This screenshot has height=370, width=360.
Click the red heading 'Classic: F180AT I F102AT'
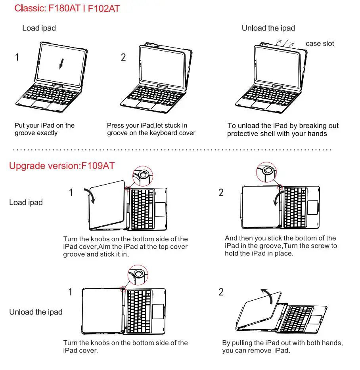coord(67,8)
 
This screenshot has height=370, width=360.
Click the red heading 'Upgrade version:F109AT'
coord(62,166)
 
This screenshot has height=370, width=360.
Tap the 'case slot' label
coord(320,44)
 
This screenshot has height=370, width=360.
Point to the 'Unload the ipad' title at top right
coord(268,28)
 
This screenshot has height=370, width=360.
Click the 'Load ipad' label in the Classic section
coord(39,28)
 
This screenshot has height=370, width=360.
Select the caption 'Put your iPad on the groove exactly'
coord(44,129)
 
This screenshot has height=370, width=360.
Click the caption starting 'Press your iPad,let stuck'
coord(151,129)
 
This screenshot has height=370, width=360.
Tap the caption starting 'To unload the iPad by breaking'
coord(283,130)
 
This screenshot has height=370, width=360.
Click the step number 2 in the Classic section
coord(123,57)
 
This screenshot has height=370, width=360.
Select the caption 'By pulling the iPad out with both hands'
coord(282,347)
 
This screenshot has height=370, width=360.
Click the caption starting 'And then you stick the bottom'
coord(281,246)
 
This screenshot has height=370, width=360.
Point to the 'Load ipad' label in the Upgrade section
coord(26,202)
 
